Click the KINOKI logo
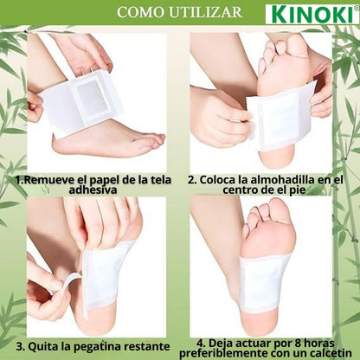click(x=312, y=14)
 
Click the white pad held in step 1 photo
click(x=95, y=100)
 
